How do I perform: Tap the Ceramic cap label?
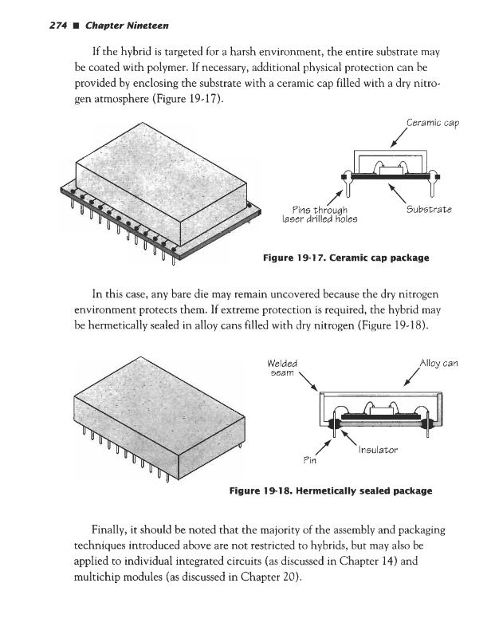pyautogui.click(x=432, y=124)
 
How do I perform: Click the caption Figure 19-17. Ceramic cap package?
pyautogui.click(x=347, y=258)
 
